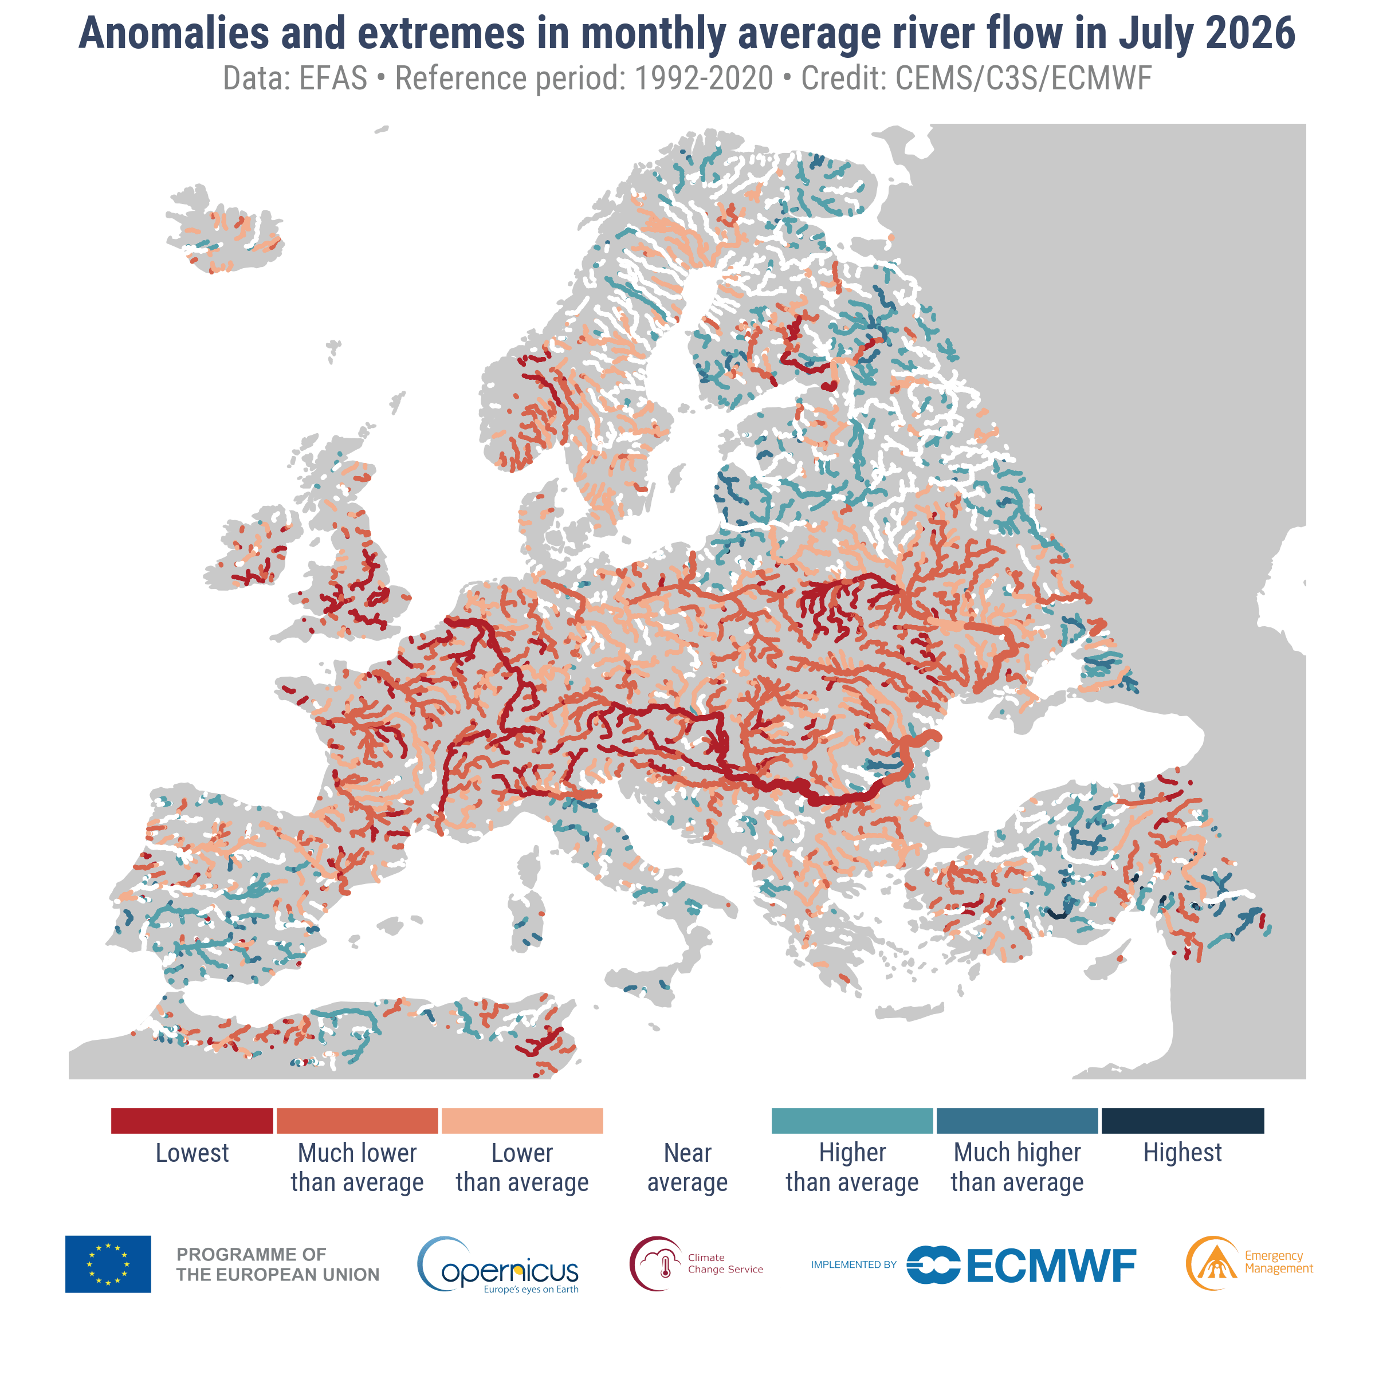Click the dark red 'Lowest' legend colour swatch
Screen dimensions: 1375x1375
192,1120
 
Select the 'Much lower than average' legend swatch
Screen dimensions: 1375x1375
357,1120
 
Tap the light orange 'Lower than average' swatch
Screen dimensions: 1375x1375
522,1120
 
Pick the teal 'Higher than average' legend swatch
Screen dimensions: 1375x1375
852,1120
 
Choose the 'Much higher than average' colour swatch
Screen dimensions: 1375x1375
1017,1120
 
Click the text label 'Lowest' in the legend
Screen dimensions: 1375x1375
192,1153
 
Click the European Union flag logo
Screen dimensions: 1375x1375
108,1264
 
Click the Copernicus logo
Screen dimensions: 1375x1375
498,1264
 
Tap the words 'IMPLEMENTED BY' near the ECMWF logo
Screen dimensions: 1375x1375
854,1264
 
